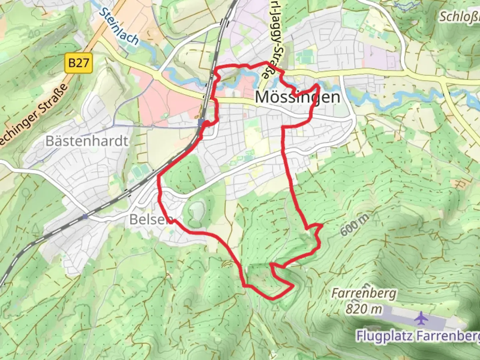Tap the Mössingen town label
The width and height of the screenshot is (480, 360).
[x=298, y=97]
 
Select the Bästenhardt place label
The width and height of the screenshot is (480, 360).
[x=87, y=141]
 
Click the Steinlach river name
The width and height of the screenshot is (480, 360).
[x=119, y=26]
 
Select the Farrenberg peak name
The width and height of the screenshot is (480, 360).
[x=364, y=294]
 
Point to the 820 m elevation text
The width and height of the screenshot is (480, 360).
[x=364, y=309]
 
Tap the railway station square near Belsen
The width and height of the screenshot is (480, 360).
[x=85, y=216]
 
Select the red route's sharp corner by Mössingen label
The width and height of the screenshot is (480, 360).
[x=319, y=86]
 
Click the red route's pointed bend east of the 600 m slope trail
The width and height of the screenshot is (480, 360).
[x=322, y=226]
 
